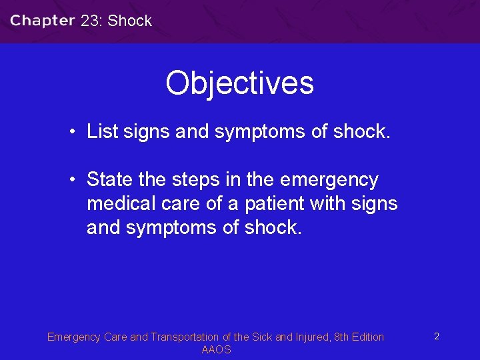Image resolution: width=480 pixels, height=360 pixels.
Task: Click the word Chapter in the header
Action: pos(42,21)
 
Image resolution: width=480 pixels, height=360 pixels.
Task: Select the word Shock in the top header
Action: pos(130,21)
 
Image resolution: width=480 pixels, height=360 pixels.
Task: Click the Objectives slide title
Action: pos(239,83)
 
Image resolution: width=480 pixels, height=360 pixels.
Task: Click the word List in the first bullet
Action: pos(101,131)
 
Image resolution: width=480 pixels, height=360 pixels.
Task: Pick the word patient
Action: pos(269,203)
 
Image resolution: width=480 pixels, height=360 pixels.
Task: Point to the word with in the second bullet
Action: pos(328,203)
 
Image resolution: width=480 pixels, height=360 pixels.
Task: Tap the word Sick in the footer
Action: pos(261,337)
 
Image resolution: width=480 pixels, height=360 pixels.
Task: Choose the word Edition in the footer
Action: pos(366,337)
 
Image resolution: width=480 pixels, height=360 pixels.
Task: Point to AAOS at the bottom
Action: pos(216,350)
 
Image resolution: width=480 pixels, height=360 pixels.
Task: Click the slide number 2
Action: pos(436,337)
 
